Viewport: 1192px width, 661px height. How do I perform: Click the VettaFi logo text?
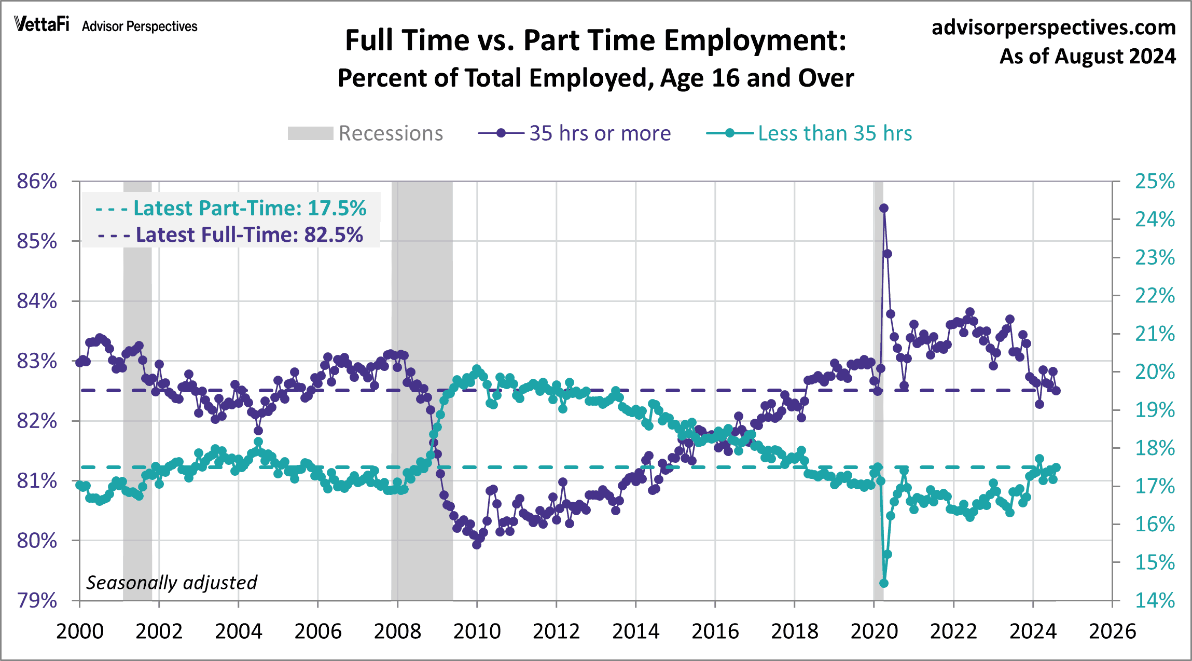[x=41, y=24]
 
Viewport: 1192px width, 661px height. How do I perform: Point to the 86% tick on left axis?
[x=37, y=181]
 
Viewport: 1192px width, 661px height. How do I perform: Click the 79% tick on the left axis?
[x=37, y=600]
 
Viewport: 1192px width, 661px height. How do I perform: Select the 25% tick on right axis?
[x=1155, y=181]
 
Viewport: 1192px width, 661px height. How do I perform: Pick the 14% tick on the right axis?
[x=1155, y=600]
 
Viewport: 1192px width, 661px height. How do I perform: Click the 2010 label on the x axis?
[x=477, y=631]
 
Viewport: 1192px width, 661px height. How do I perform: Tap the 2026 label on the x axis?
[x=1112, y=631]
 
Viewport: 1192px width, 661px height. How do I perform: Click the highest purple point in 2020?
[x=884, y=208]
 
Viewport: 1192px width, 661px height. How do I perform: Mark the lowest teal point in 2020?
[x=884, y=583]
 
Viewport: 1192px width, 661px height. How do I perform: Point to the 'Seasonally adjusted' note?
[x=171, y=582]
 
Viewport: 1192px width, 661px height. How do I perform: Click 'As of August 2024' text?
[x=1087, y=56]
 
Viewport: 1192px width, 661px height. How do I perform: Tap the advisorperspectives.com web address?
[x=1054, y=27]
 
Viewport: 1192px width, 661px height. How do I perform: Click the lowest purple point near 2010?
[x=477, y=545]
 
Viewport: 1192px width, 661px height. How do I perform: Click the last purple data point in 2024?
[x=1056, y=391]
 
